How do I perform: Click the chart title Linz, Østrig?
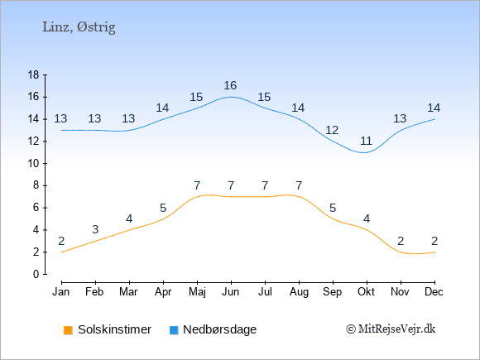tap(79, 27)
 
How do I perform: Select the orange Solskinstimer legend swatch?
tap(68, 330)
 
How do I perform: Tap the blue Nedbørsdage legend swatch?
tap(174, 330)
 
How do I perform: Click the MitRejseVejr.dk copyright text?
tap(391, 329)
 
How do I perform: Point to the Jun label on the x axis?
tap(231, 292)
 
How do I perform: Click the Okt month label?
tap(366, 292)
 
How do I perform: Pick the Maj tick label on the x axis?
tap(197, 292)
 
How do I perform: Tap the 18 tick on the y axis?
tap(34, 74)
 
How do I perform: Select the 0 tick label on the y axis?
tap(36, 274)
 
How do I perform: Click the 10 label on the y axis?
tap(34, 163)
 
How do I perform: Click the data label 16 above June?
tap(230, 85)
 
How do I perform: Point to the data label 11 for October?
tap(366, 142)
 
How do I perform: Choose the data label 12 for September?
tap(332, 131)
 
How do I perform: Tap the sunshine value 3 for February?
tap(95, 229)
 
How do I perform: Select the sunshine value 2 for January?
tap(61, 241)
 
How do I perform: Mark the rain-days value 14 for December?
tap(434, 108)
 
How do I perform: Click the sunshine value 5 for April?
tap(163, 209)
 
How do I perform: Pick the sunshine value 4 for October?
tap(367, 218)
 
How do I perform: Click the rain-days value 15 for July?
tap(264, 98)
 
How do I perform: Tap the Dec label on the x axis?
tap(434, 292)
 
